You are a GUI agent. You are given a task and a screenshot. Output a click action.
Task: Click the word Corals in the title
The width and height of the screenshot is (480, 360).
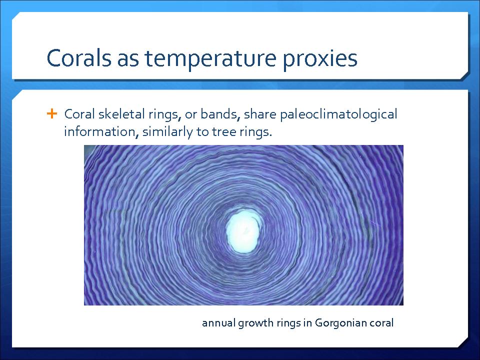click(x=79, y=57)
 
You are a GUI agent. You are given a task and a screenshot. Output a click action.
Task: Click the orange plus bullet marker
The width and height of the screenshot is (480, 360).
click(x=52, y=113)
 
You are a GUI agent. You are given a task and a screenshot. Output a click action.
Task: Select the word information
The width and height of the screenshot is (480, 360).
click(x=100, y=132)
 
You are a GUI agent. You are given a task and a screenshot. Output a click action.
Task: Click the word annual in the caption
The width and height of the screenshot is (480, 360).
click(x=218, y=323)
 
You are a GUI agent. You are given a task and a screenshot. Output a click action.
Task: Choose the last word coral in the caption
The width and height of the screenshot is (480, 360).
click(x=381, y=323)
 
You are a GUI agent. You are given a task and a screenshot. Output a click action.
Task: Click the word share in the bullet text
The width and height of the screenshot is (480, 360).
click(x=260, y=114)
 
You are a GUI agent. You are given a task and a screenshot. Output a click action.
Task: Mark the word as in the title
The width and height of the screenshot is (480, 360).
click(x=128, y=60)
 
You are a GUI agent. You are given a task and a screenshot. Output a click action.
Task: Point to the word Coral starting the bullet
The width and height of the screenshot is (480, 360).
click(x=79, y=114)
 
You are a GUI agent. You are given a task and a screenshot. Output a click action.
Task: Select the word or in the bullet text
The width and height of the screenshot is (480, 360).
click(x=190, y=115)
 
